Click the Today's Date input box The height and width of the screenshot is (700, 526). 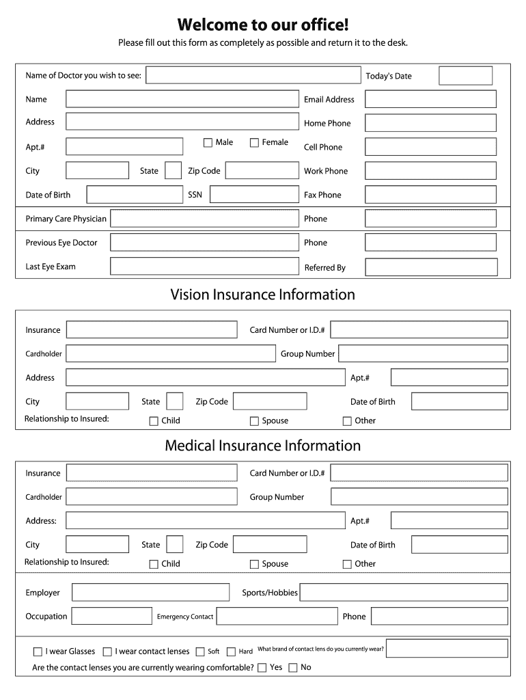pyautogui.click(x=465, y=75)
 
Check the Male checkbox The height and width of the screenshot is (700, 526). pyautogui.click(x=208, y=142)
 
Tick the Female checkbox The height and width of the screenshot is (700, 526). pyautogui.click(x=254, y=142)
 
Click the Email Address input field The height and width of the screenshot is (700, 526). pyautogui.click(x=430, y=99)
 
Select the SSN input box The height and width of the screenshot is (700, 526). pyautogui.click(x=253, y=195)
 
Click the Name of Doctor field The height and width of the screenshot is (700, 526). pyautogui.click(x=253, y=75)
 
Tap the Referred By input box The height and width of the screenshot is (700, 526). pyautogui.click(x=431, y=267)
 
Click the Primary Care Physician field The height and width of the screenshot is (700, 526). pyautogui.click(x=204, y=219)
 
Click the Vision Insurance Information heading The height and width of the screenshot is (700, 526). pyautogui.click(x=263, y=295)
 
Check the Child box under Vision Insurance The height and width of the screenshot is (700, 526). pyautogui.click(x=154, y=421)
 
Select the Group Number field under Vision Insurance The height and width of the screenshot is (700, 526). pyautogui.click(x=423, y=353)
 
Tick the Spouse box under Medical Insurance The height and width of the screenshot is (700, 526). pyautogui.click(x=254, y=564)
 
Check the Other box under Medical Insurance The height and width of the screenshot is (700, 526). pyautogui.click(x=347, y=564)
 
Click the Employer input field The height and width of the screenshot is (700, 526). pyautogui.click(x=150, y=593)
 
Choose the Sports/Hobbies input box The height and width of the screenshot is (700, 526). pyautogui.click(x=404, y=593)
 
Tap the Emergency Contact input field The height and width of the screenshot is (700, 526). pyautogui.click(x=277, y=616)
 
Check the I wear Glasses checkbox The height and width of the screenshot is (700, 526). pyautogui.click(x=38, y=651)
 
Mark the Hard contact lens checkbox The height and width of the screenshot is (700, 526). pyautogui.click(x=231, y=651)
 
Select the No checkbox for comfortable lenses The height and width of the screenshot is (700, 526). pyautogui.click(x=293, y=667)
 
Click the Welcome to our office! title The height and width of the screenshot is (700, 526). pyautogui.click(x=263, y=25)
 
